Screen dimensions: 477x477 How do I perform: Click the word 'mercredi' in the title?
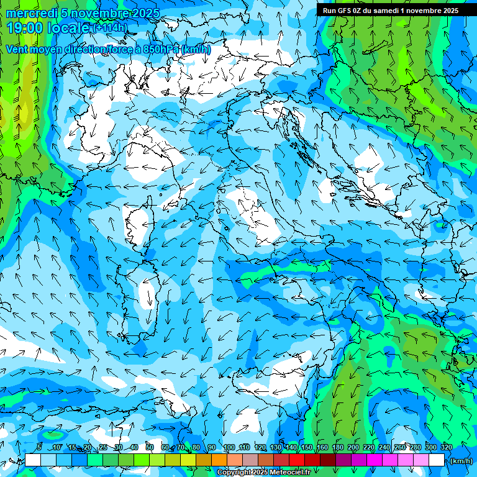(31, 13)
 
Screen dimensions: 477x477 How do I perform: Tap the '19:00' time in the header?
(25, 28)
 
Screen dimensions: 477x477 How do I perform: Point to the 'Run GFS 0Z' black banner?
(391, 11)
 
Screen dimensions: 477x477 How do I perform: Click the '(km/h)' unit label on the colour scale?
(460, 461)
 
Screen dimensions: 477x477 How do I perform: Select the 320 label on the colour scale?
(447, 447)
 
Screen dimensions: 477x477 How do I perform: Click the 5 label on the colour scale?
(39, 447)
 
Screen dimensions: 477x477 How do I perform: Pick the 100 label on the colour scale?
(229, 447)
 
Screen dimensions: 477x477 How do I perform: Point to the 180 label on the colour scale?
(338, 447)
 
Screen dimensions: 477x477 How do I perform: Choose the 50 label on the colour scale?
(150, 447)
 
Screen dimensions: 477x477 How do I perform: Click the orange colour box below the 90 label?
(219, 460)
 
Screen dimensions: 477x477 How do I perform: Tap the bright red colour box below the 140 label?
(297, 460)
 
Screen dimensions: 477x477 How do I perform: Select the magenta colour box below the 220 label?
(375, 460)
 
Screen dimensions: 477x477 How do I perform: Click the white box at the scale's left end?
(33, 460)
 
